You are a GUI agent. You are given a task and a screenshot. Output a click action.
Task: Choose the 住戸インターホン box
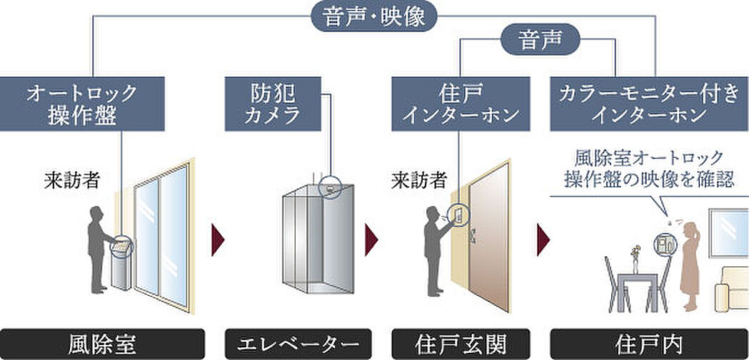pyautogui.click(x=461, y=104)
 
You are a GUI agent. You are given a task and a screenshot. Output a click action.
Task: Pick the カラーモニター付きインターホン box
pyautogui.click(x=649, y=104)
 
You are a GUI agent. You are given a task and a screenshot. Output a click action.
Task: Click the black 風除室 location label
pyautogui.click(x=103, y=344)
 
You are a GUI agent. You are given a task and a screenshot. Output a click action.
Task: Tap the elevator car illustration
pyautogui.click(x=315, y=236)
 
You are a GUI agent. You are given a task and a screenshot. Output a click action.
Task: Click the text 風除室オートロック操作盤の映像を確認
pyautogui.click(x=648, y=169)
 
